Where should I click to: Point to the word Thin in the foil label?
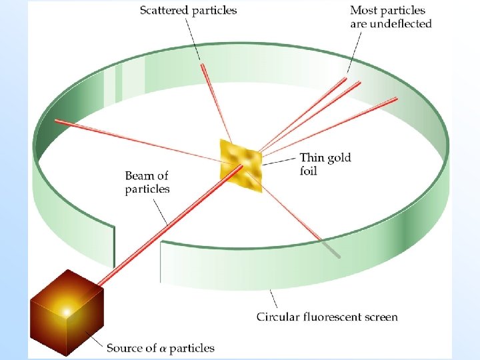[311, 158]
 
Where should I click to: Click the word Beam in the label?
[139, 176]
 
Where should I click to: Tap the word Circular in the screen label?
[278, 317]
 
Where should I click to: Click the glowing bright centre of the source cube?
[67, 311]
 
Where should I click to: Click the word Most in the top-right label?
[363, 11]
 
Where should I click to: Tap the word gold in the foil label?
[338, 158]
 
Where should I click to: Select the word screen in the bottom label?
[381, 317]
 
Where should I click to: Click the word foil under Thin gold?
[309, 171]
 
